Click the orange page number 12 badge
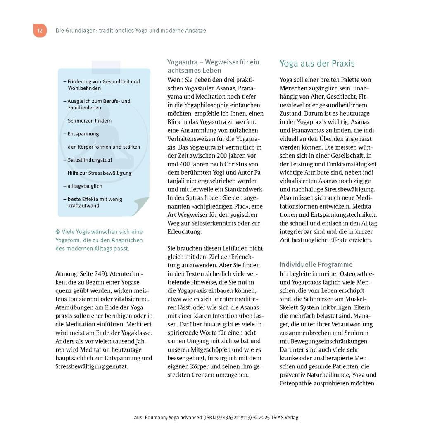click(x=40, y=31)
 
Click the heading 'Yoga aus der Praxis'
click(x=317, y=64)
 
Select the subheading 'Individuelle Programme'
click(x=316, y=264)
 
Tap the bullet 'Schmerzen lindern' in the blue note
click(x=89, y=121)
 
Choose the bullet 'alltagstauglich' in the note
click(x=85, y=186)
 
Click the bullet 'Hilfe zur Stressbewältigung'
click(x=99, y=173)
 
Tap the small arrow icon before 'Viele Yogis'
click(x=58, y=232)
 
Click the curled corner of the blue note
click(x=140, y=206)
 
